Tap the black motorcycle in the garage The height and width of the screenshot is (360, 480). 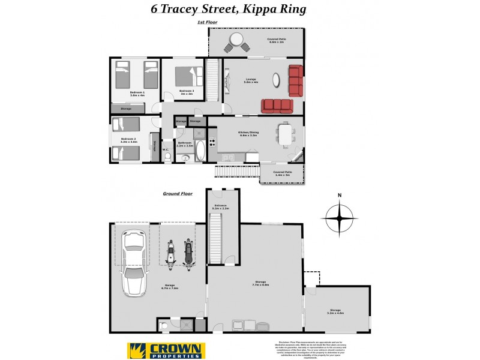pos(188,253)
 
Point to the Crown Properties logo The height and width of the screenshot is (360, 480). pos(166,350)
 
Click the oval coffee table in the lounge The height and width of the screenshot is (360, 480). pos(275,80)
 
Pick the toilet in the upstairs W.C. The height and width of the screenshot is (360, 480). pos(169,157)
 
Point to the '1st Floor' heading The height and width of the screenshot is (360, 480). pos(207,22)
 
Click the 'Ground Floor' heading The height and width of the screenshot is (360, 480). pos(177,194)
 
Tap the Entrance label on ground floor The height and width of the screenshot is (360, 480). pos(221,206)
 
